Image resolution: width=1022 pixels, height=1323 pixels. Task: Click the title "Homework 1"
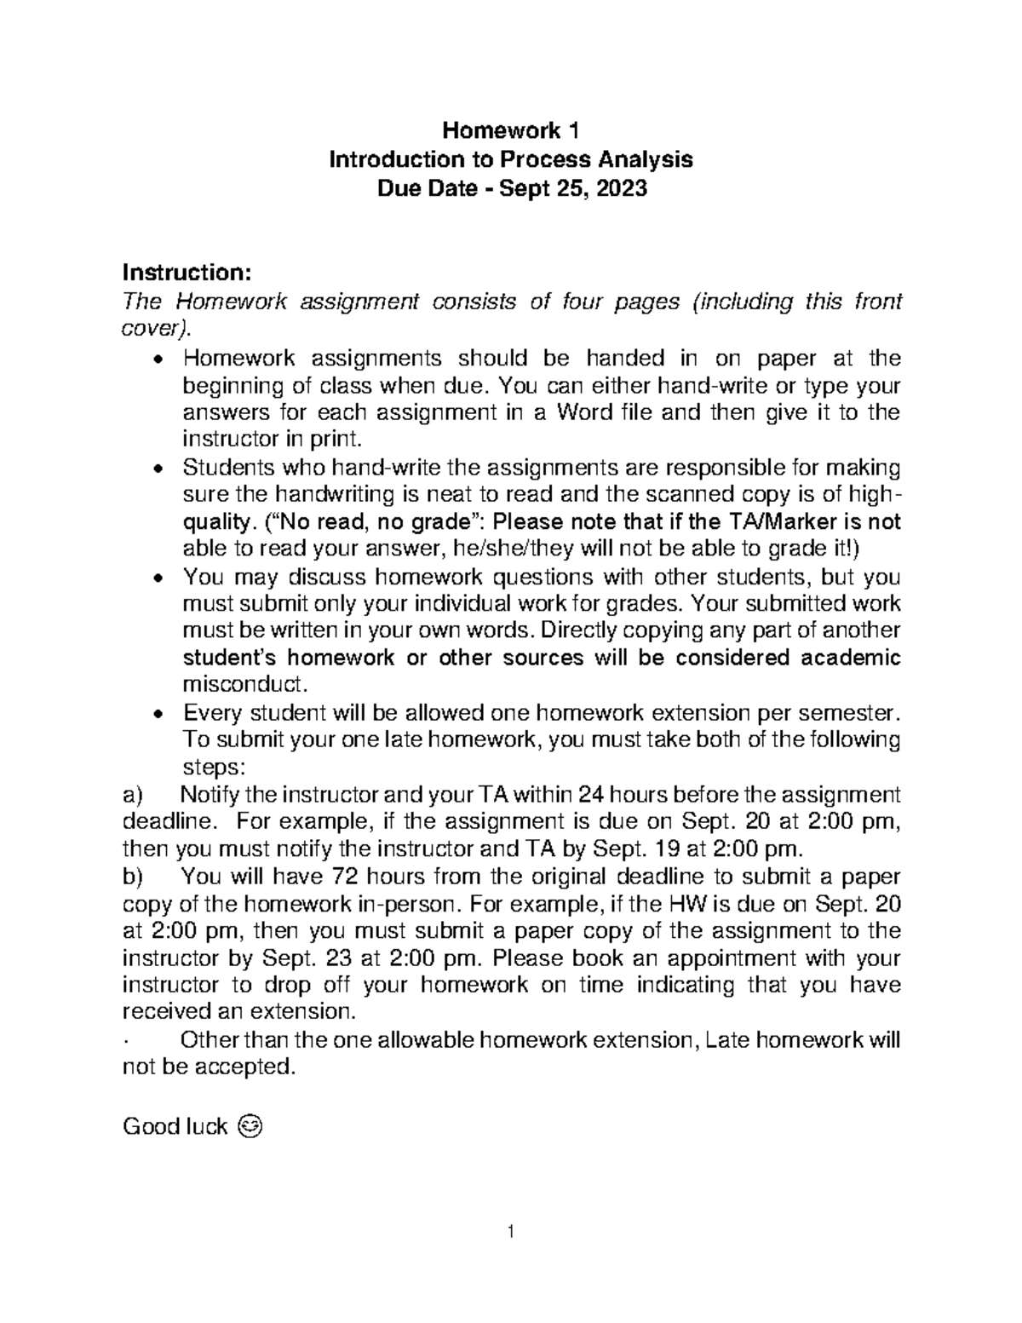511,131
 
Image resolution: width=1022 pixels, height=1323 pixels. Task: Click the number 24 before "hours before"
591,795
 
